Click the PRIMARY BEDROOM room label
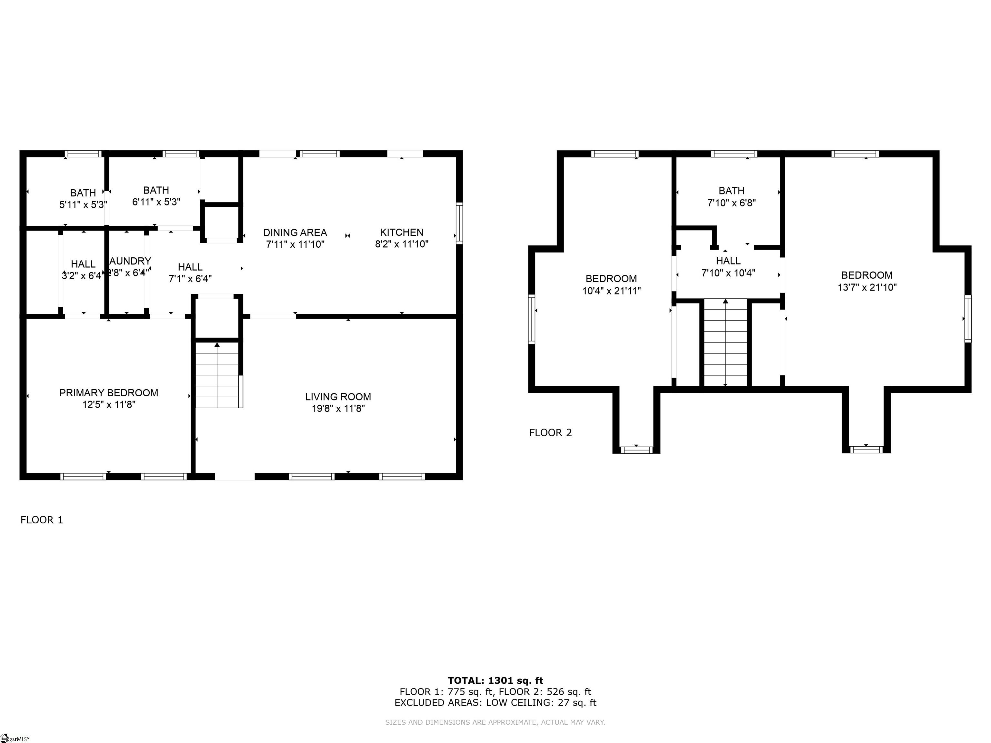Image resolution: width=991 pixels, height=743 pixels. [x=108, y=393]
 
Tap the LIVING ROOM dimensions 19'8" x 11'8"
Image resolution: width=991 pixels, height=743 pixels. [x=338, y=409]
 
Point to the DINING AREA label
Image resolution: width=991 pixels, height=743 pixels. [x=295, y=233]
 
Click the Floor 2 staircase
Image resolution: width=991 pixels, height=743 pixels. [x=725, y=342]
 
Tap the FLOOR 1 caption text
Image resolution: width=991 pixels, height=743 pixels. [x=42, y=520]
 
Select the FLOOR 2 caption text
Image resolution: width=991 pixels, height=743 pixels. [x=550, y=433]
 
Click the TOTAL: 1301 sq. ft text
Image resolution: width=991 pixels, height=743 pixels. [x=495, y=681]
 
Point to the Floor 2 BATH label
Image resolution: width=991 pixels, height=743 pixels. [x=731, y=191]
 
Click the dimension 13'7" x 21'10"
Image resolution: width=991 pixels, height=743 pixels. [x=867, y=288]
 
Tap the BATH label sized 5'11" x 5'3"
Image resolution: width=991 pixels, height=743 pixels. [x=83, y=193]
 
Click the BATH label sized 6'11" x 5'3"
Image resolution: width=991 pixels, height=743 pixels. [x=156, y=190]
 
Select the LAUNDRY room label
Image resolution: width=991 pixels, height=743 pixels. [x=130, y=261]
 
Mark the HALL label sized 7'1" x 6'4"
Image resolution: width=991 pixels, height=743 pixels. [x=190, y=267]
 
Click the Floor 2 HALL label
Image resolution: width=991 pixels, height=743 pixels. [x=728, y=261]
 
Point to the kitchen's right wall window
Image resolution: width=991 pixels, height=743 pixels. [x=459, y=223]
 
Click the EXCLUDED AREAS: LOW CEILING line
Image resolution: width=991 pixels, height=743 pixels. [x=495, y=702]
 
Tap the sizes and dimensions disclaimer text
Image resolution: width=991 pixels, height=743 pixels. [x=495, y=722]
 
